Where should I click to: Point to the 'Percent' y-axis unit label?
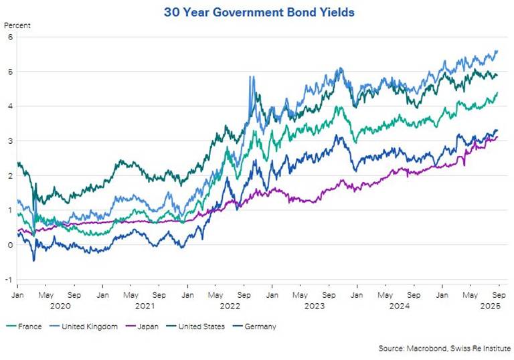click(x=17, y=26)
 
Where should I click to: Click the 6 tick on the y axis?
click(x=9, y=37)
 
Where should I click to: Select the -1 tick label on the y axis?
click(x=8, y=279)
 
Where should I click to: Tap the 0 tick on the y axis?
click(x=9, y=245)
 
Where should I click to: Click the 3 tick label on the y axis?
click(x=9, y=141)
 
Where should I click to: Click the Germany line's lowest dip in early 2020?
click(x=33, y=260)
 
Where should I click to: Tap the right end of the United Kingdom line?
click(x=497, y=51)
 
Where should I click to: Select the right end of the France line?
click(x=497, y=93)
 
